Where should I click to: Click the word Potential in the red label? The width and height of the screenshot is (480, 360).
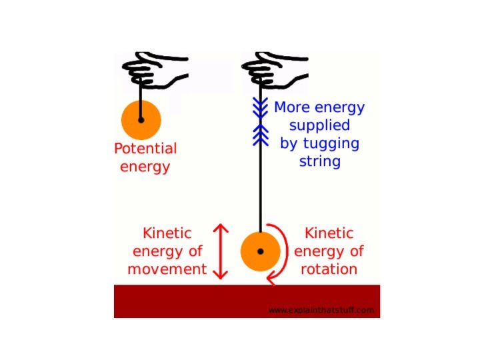pos(145,149)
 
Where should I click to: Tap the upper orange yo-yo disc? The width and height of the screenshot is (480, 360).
pos(141,120)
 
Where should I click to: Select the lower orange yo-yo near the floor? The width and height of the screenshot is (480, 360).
pos(261,251)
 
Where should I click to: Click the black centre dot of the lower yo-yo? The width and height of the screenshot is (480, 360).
pos(261,251)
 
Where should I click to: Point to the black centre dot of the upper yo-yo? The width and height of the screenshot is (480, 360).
pos(141,120)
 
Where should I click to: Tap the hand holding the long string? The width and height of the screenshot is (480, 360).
pos(273,71)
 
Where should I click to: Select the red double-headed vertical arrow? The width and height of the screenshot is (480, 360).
pos(221,251)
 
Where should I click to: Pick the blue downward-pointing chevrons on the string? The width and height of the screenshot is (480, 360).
pos(260,108)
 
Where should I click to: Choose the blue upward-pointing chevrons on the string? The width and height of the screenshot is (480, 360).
pos(261,135)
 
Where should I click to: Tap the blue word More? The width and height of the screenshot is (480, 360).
pos(292,107)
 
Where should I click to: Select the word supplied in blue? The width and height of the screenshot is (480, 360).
pos(319,126)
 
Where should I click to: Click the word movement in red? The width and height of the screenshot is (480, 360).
pos(167,269)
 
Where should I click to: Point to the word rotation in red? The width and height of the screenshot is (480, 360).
pos(329,269)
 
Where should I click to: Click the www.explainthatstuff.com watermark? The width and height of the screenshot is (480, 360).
pos(321,310)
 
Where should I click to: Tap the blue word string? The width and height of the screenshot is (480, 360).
pos(320,161)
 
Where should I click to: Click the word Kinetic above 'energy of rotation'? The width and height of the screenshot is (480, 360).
pos(329,233)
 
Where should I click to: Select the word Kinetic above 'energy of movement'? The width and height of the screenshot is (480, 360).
pos(167,233)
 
